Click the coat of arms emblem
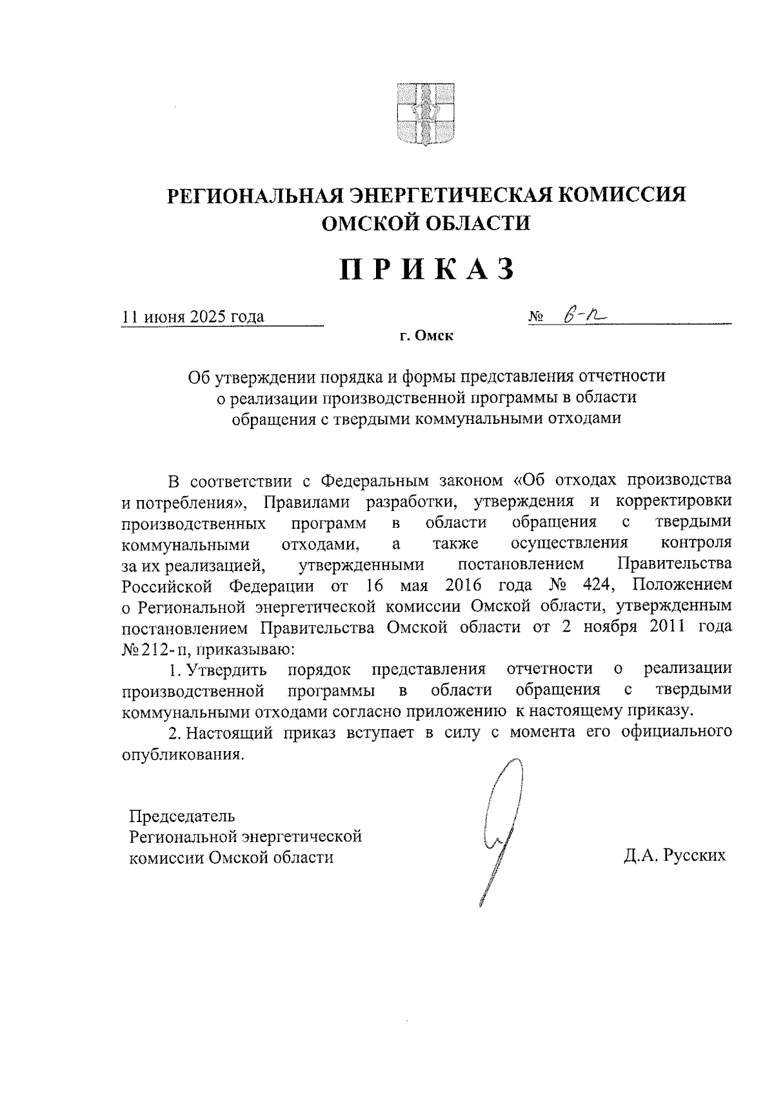(x=425, y=113)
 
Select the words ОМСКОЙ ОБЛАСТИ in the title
(x=426, y=223)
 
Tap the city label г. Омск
(x=426, y=336)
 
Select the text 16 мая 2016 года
(x=444, y=585)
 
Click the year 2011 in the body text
(x=655, y=627)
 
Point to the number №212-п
(x=156, y=648)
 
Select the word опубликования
(x=183, y=754)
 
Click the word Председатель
(x=178, y=816)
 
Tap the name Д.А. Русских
(x=674, y=856)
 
